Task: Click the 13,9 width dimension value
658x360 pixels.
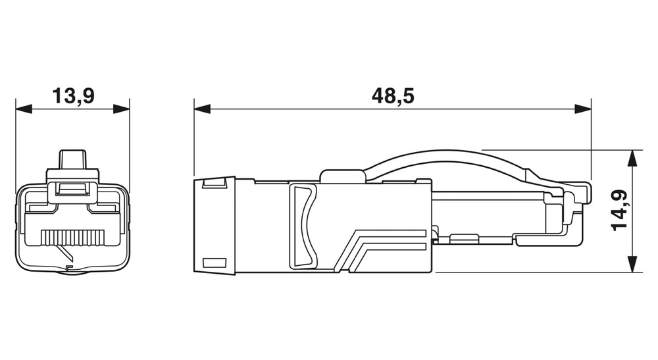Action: point(73,97)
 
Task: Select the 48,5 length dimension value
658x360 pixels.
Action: point(393,97)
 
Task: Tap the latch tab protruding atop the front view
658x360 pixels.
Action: point(73,160)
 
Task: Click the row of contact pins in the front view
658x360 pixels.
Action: point(73,235)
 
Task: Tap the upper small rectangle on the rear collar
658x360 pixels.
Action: point(213,184)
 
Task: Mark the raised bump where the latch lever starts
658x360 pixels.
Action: point(342,176)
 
